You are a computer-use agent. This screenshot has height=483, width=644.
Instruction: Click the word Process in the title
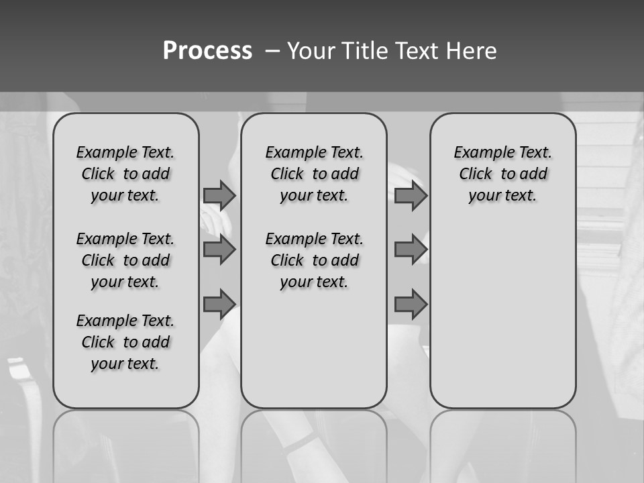(x=207, y=51)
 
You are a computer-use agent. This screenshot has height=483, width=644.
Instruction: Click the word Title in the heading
(x=363, y=51)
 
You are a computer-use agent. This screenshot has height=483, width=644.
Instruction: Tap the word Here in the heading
(x=472, y=51)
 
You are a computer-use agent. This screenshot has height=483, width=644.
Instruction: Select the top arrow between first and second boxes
(x=219, y=195)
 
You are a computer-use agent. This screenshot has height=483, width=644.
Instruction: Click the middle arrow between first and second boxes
(x=219, y=250)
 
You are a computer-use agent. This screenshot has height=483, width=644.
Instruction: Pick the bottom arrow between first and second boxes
(x=219, y=304)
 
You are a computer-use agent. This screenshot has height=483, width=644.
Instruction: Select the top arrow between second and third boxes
(x=411, y=195)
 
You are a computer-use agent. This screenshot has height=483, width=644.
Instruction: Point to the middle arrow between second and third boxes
(x=411, y=250)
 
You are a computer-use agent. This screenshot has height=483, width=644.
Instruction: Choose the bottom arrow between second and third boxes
(x=411, y=304)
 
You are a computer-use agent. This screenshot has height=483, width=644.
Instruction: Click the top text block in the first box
(x=125, y=174)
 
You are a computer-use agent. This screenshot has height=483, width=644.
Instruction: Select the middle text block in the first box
(x=125, y=260)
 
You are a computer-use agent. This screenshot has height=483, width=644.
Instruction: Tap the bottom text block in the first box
(x=125, y=342)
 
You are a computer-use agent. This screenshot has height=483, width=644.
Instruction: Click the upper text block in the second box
(x=314, y=174)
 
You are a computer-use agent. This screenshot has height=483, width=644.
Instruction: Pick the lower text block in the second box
(x=314, y=260)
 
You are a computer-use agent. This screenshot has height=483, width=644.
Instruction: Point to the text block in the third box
(x=502, y=174)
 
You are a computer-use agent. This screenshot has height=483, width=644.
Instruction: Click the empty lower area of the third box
(x=502, y=309)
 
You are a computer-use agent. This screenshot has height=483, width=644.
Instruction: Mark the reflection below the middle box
(x=314, y=443)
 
